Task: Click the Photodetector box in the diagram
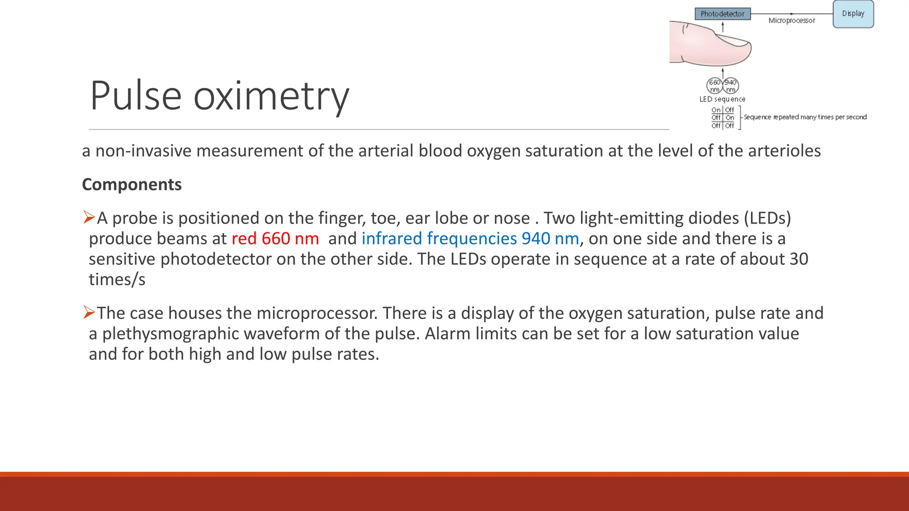(723, 14)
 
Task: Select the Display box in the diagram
(853, 14)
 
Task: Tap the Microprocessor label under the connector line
(791, 20)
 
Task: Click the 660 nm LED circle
(715, 86)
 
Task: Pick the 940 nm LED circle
(731, 86)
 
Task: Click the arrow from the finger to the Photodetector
(723, 27)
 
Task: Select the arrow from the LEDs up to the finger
(723, 72)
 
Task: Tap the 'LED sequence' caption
(722, 99)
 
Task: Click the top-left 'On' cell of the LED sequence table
(716, 110)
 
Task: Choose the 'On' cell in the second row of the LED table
(730, 118)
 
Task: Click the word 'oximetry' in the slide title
(271, 96)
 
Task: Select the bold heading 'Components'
(132, 185)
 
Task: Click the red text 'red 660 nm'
(275, 239)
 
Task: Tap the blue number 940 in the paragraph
(536, 239)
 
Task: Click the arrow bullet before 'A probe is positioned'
(89, 217)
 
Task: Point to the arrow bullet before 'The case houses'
(89, 312)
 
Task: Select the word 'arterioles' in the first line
(784, 151)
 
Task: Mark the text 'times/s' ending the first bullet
(117, 279)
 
